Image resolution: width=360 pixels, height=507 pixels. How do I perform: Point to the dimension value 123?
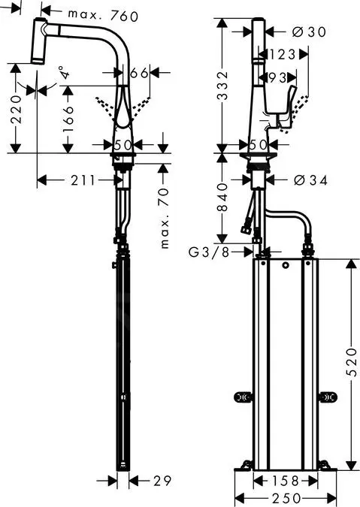point(280,54)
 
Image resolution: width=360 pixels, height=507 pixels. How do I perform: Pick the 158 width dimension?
point(284,480)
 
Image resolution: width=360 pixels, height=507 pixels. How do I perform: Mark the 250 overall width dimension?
point(284,498)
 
